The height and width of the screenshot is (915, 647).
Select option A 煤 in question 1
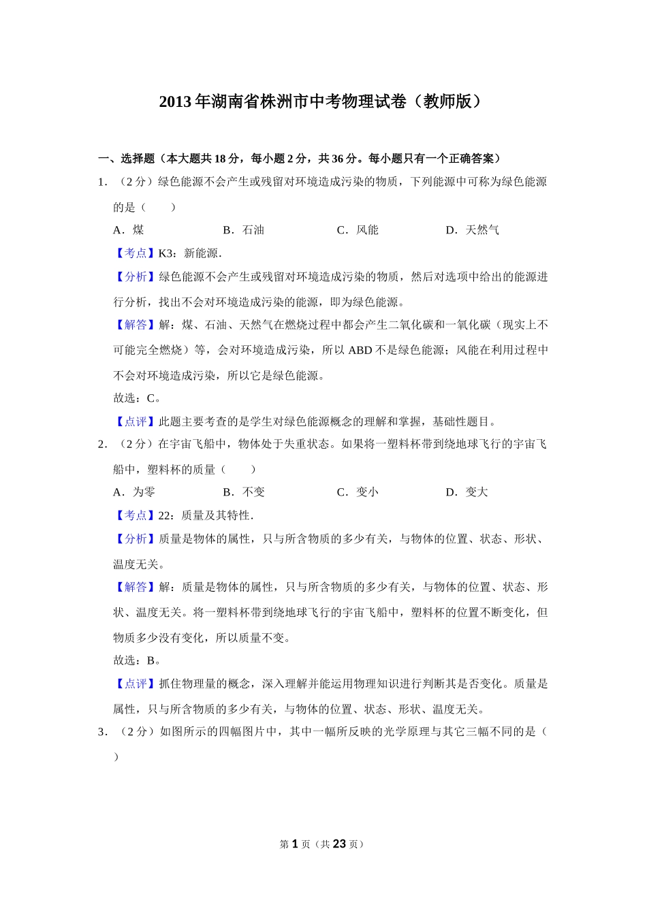pos(129,230)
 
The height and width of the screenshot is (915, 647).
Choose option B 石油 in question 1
pos(244,230)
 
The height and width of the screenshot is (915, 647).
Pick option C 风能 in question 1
pos(358,230)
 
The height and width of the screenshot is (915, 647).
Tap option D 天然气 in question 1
pos(473,230)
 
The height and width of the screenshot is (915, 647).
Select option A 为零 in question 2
pos(135,492)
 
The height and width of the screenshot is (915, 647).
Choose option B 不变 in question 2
pos(244,492)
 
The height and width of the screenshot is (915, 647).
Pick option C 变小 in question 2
pos(358,492)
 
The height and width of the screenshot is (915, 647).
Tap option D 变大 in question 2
pos(468,492)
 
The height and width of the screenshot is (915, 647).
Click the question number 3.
pos(101,732)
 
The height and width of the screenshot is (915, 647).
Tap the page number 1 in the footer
pos(295,844)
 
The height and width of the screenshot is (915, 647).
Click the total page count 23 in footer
pos(338,844)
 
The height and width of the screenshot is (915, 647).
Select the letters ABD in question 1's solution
pos(360,351)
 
